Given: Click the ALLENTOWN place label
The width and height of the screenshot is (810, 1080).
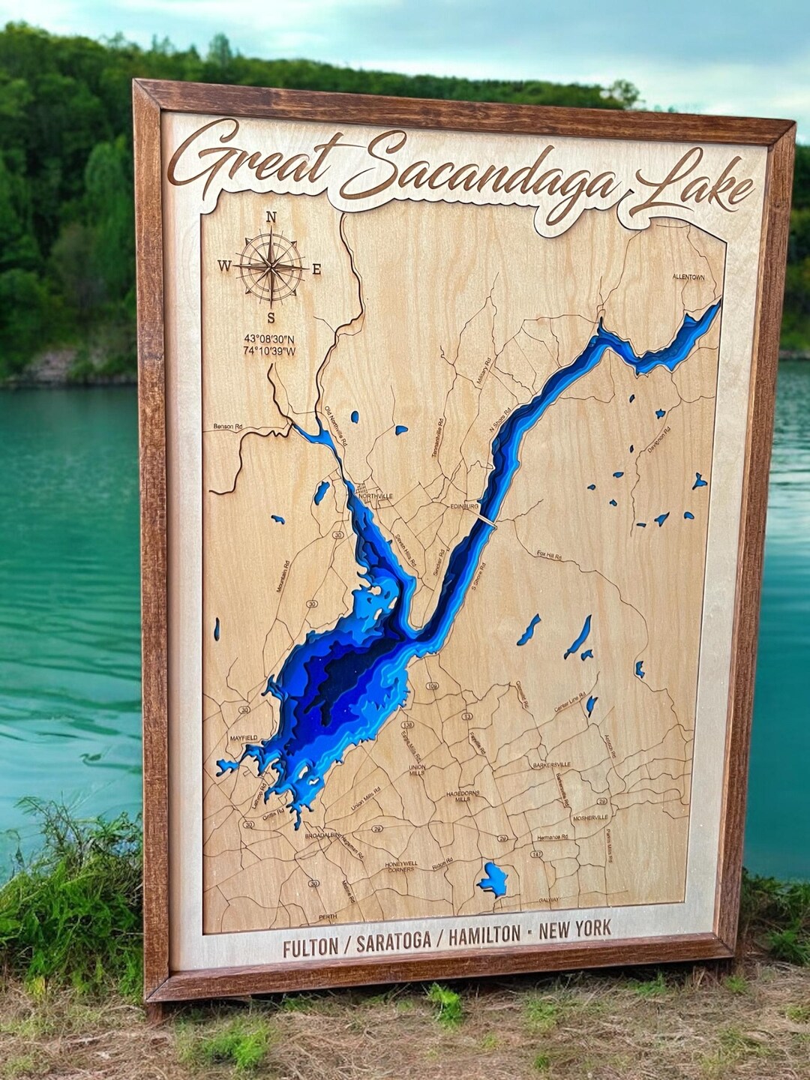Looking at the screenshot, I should click(688, 277).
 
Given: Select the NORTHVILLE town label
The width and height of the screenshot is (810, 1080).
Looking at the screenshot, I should click(375, 496).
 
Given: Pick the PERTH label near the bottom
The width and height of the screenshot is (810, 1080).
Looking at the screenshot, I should click(328, 916).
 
